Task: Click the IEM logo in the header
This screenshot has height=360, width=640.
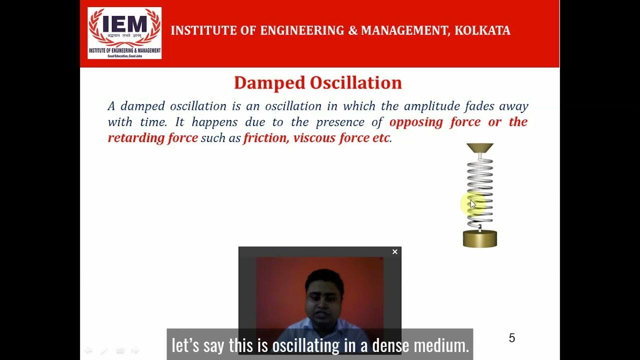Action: coord(124,33)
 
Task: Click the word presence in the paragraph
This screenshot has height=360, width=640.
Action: coord(339,122)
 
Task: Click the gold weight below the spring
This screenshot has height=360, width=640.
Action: coord(480,238)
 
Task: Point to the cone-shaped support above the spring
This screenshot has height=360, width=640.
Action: coord(480,148)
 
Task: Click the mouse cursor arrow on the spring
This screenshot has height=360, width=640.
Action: coord(473,203)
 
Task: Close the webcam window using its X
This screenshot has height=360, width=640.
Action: coord(395,252)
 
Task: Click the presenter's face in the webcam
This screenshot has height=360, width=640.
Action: coord(324,295)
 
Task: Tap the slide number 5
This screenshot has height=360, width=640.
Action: coord(511,338)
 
